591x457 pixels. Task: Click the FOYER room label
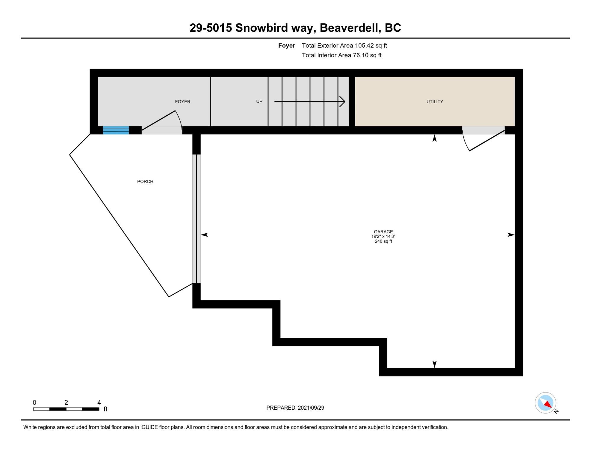tap(183, 101)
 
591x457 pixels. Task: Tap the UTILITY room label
tap(435, 101)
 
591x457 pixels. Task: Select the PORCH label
tap(145, 181)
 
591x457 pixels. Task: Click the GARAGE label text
tap(383, 232)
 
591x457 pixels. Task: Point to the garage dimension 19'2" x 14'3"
tap(383, 236)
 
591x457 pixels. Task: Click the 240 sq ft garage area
tap(383, 241)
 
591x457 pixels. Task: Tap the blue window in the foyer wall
tap(116, 130)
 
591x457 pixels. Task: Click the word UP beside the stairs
tap(259, 101)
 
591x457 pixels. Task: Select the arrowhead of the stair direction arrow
tap(342, 101)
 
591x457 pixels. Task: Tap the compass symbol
tap(545, 403)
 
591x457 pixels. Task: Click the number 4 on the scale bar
tap(99, 402)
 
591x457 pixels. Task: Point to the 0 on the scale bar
tap(35, 402)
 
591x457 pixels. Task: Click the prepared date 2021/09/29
tap(311, 408)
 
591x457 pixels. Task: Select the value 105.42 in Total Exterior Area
tap(364, 46)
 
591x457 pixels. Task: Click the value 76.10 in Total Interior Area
tap(361, 55)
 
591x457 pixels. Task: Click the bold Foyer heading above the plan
tap(287, 46)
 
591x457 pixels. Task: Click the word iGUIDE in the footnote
tap(149, 427)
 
